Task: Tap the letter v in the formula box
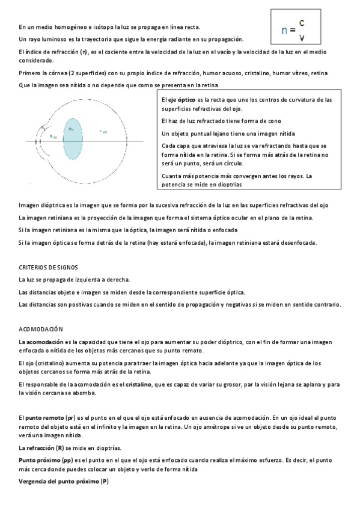tap(301, 37)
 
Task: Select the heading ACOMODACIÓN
tap(41, 330)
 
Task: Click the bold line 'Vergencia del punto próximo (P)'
tap(63, 482)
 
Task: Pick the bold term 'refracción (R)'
tap(51, 449)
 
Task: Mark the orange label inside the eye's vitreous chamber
tap(103, 131)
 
